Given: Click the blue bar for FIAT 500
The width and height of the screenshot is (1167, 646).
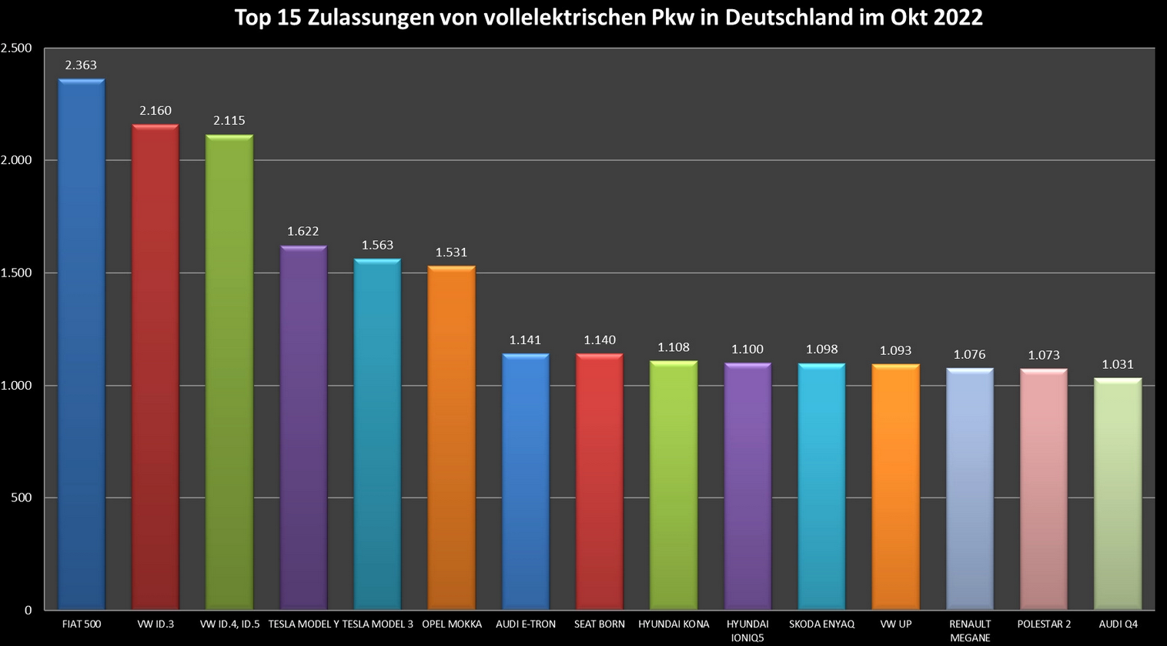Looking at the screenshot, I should (x=82, y=346).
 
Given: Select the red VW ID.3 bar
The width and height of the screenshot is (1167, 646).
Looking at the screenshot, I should (x=155, y=370).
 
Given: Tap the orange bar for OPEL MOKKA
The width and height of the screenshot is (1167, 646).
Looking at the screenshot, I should (x=452, y=439).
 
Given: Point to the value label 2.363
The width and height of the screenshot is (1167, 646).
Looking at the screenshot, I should (x=81, y=65).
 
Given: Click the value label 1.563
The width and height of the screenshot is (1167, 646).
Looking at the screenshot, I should (x=377, y=245).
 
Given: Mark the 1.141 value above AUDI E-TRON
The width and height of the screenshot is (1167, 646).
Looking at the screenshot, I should (x=525, y=340).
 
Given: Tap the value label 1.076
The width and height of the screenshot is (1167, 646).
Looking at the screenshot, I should (x=969, y=354).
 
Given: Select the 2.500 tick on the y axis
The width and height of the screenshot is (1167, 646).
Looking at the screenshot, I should (x=16, y=48).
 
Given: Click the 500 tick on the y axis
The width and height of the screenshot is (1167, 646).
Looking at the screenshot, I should (x=22, y=497).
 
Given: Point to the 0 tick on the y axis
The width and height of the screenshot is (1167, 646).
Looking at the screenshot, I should (x=28, y=610).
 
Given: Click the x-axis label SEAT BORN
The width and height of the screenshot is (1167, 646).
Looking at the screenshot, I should (x=600, y=624).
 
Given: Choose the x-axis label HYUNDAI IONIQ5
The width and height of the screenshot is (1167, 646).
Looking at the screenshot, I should (x=747, y=631).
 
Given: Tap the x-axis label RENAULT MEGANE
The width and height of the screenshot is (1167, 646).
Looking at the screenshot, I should (x=970, y=631).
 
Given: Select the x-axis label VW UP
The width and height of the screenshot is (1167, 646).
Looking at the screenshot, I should (x=896, y=624).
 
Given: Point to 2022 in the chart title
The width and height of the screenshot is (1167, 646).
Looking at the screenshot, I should (x=958, y=17).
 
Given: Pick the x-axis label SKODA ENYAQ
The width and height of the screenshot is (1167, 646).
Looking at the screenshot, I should (x=821, y=624).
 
